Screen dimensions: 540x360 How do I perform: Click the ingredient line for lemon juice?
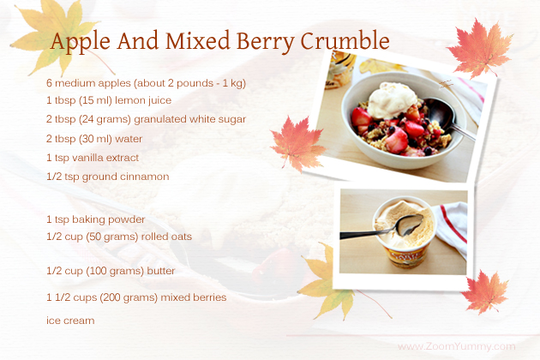click(x=109, y=100)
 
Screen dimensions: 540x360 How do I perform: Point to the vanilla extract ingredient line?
click(x=93, y=158)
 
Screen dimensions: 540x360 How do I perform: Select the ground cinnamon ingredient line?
click(x=108, y=177)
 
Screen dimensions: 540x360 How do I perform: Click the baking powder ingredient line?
click(x=96, y=219)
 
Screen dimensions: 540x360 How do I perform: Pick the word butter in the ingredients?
click(x=161, y=271)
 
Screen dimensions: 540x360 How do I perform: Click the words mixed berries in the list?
click(x=194, y=297)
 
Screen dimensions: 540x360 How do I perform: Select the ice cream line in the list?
click(x=70, y=321)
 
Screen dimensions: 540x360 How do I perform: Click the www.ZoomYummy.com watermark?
click(x=456, y=346)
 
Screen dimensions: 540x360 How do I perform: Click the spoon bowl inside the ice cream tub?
click(x=410, y=224)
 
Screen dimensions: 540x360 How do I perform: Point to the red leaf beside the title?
click(x=479, y=48)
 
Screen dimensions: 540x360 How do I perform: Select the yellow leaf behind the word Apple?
click(x=55, y=34)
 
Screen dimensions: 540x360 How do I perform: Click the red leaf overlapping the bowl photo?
click(x=298, y=144)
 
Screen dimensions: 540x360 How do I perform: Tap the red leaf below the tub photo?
click(x=486, y=292)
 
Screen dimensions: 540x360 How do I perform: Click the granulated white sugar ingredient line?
click(x=146, y=119)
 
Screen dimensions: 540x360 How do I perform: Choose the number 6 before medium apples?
click(x=49, y=83)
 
